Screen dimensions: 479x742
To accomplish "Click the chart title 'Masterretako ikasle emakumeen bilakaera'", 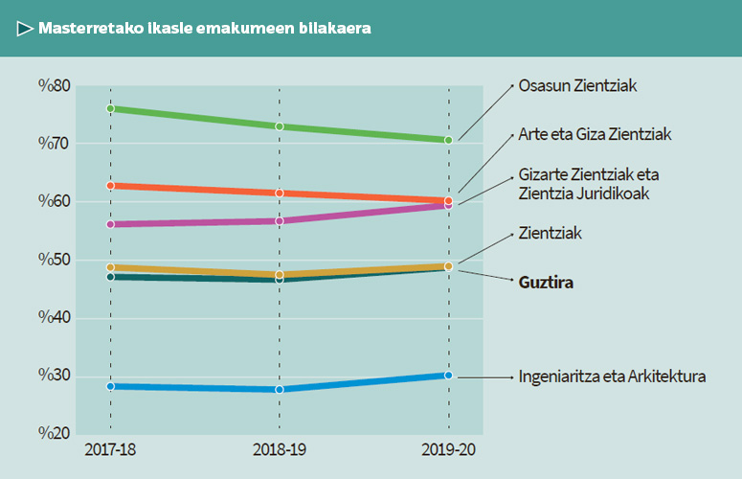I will click(205, 29).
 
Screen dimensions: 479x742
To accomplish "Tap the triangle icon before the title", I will click(25, 29).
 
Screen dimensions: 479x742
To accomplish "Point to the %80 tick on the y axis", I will click(55, 85).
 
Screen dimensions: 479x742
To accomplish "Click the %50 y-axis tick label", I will click(55, 260).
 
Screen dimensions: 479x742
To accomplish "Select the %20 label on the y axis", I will click(55, 433).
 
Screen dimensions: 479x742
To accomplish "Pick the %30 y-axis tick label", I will click(55, 376).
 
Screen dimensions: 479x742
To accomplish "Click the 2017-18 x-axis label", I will click(110, 450).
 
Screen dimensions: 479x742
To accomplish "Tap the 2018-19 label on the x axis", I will click(279, 450).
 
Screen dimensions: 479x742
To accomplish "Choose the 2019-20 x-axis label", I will click(448, 450).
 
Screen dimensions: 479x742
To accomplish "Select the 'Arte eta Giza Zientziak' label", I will click(595, 134).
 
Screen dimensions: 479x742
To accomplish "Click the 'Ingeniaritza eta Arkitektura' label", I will click(612, 376).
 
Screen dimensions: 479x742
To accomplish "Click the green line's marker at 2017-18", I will click(111, 108).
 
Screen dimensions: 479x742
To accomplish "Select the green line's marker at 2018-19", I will click(280, 126).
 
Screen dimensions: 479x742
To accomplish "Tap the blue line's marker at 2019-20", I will click(448, 375).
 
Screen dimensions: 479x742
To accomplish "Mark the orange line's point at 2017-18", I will click(111, 185).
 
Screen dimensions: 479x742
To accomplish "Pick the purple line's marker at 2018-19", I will click(280, 221).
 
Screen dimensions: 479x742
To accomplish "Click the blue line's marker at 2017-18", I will click(111, 386).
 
